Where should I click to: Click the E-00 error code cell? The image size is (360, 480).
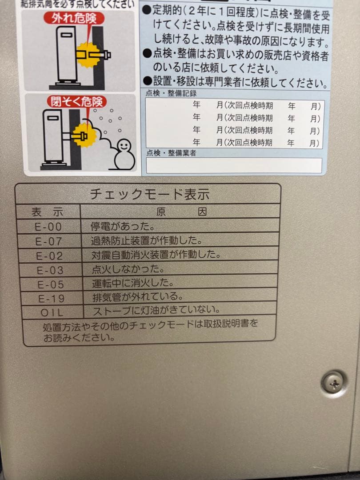(x=48, y=227)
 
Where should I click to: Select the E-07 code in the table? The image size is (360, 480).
(x=49, y=241)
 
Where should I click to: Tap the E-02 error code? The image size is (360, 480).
(x=50, y=256)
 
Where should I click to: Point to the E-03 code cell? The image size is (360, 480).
(x=50, y=270)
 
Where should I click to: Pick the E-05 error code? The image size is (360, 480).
(x=51, y=284)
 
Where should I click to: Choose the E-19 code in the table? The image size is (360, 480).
(x=51, y=298)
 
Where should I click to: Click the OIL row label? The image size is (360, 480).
(x=52, y=312)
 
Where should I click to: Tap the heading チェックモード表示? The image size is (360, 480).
(x=149, y=194)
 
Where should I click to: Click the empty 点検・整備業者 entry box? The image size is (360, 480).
(x=234, y=165)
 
